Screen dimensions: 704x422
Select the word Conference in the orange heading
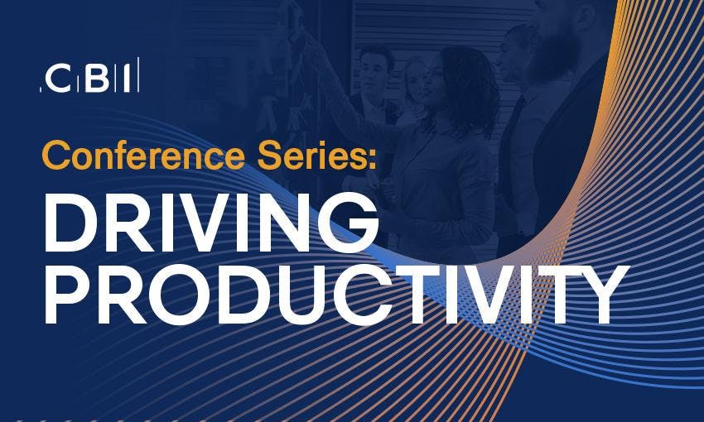coord(143,156)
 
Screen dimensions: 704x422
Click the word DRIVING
coord(210,223)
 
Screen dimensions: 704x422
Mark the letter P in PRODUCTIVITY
coord(65,295)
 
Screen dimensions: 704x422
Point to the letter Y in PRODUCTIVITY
coord(602,295)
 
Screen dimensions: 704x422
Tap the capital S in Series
coord(270,156)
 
